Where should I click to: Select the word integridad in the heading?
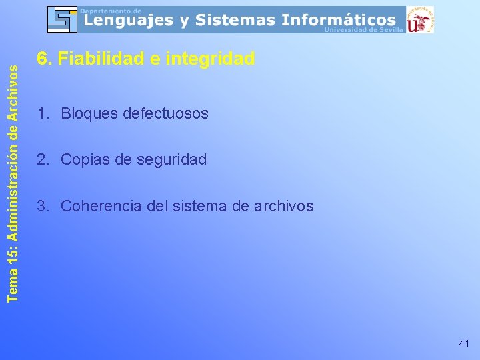click(x=209, y=59)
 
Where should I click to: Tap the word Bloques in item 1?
click(x=89, y=114)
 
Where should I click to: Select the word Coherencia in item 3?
click(x=100, y=207)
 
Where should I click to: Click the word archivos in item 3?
click(x=283, y=207)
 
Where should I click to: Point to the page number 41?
click(x=464, y=343)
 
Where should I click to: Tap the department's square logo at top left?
click(x=62, y=19)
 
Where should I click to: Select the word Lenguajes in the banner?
click(x=124, y=21)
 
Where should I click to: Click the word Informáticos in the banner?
click(x=338, y=21)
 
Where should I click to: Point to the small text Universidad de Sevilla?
click(x=363, y=30)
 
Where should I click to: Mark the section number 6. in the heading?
click(x=43, y=59)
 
